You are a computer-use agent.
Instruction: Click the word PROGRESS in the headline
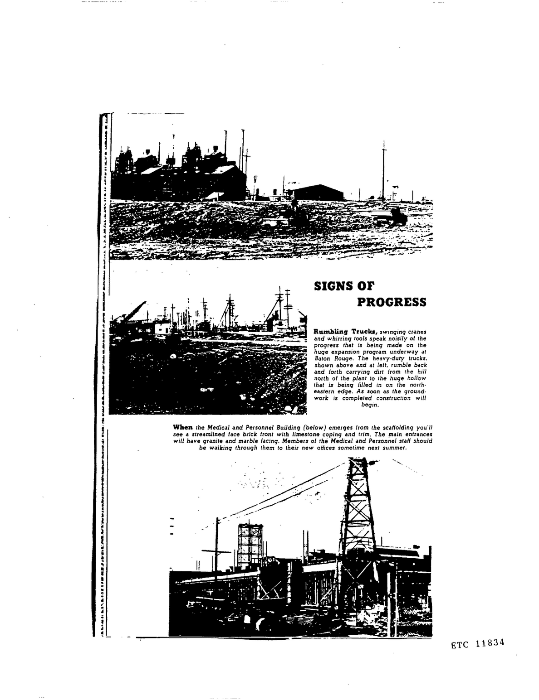[x=392, y=302]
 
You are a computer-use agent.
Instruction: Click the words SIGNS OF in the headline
[x=344, y=286]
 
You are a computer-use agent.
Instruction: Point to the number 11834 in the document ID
[x=490, y=644]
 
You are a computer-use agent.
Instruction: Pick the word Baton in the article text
[x=322, y=358]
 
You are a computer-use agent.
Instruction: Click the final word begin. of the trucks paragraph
[x=369, y=405]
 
